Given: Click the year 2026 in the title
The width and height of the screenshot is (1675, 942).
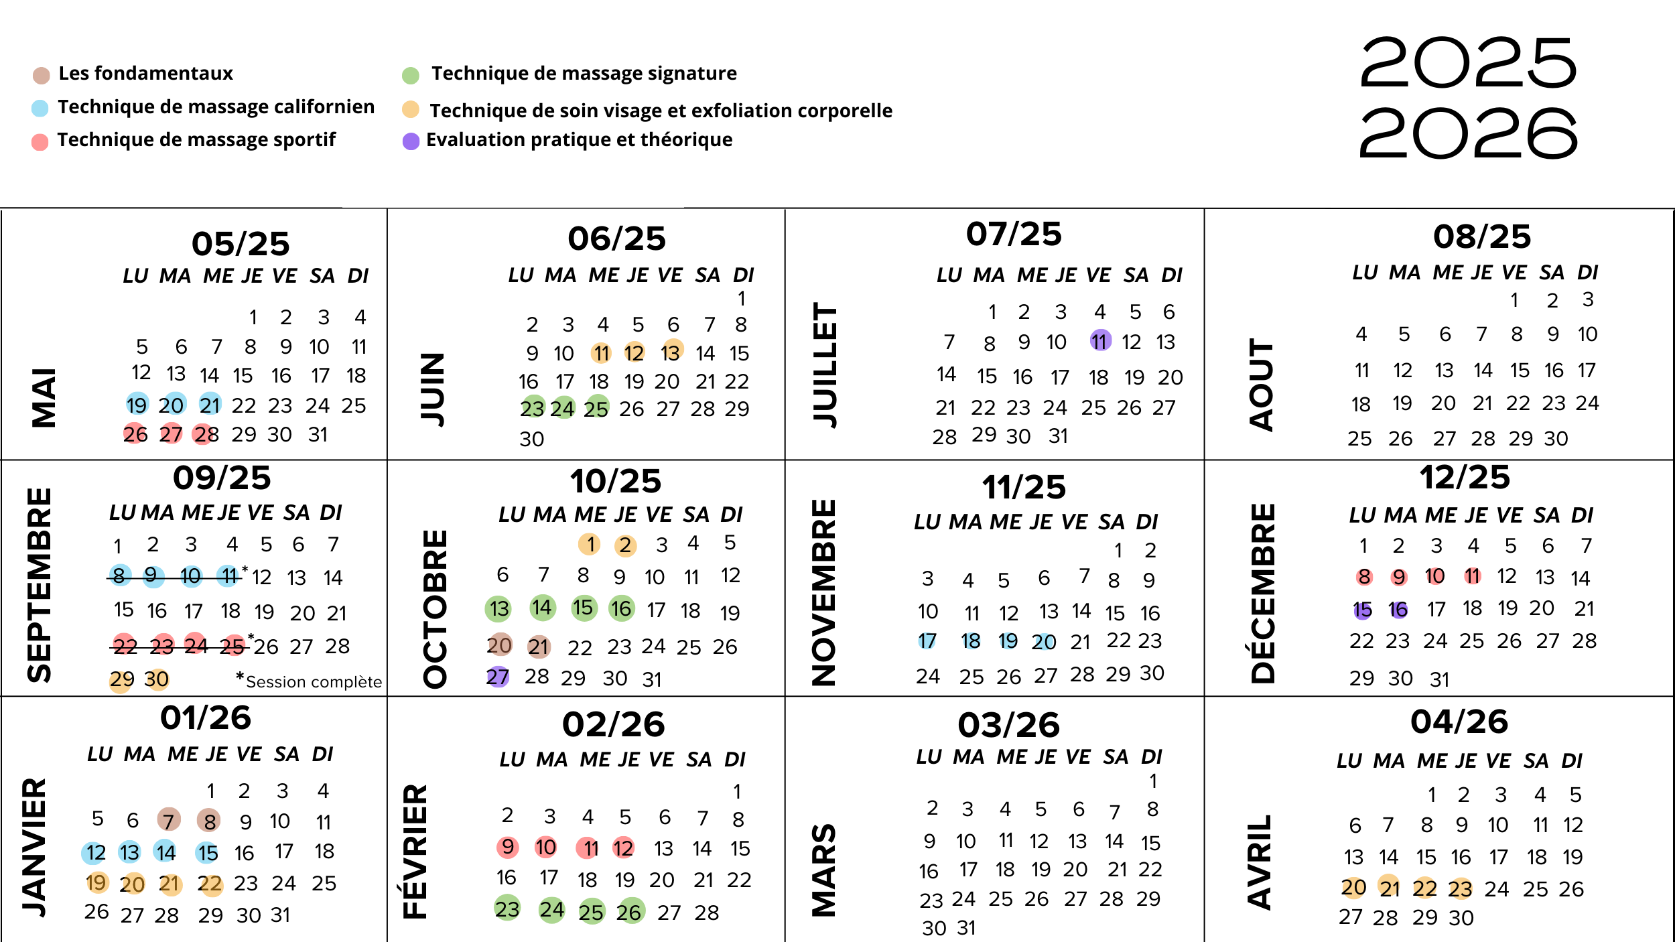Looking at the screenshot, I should click(x=1468, y=133).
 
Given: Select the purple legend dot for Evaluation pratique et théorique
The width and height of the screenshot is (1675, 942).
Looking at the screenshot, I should click(x=411, y=141).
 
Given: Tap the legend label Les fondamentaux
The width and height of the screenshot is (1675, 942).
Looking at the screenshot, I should click(x=145, y=73).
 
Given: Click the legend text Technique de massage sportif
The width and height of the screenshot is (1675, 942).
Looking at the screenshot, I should click(x=196, y=139).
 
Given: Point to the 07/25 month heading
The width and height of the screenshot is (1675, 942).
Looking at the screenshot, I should click(x=1014, y=234).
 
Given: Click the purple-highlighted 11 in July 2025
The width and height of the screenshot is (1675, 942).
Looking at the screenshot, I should click(x=1100, y=341).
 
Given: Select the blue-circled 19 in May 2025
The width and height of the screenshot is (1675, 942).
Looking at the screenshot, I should click(x=137, y=405).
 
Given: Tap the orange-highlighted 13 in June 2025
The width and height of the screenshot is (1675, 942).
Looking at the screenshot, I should click(x=671, y=352).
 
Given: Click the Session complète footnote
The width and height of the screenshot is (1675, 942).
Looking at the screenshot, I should click(x=312, y=681).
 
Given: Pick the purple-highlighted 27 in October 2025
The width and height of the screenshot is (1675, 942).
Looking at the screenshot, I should click(x=498, y=677).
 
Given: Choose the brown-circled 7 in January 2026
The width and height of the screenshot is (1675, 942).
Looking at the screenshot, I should click(x=168, y=819).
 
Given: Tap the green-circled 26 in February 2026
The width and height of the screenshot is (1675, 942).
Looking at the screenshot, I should click(x=629, y=911).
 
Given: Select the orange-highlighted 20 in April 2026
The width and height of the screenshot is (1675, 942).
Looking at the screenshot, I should click(x=1353, y=888).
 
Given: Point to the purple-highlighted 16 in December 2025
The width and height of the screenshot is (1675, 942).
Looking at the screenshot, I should click(x=1398, y=610).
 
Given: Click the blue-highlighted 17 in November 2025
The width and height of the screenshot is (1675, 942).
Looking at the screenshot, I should click(x=927, y=641).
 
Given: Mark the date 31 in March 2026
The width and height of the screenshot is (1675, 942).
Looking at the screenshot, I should click(x=966, y=928).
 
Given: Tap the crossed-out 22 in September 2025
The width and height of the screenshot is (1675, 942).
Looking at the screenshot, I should click(x=125, y=646).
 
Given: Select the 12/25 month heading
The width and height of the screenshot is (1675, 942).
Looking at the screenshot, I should click(x=1465, y=478).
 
